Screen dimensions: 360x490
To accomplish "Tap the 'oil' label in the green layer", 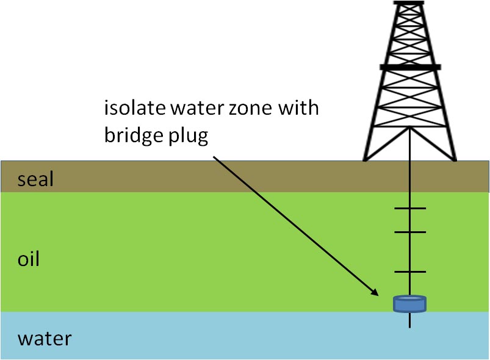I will tap(28, 259).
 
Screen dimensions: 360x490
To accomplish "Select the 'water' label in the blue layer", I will tap(44, 337).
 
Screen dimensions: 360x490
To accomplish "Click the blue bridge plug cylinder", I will tap(409, 303).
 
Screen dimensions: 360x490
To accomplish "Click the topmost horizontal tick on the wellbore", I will tap(409, 209).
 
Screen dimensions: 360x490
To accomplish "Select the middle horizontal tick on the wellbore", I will tap(409, 232).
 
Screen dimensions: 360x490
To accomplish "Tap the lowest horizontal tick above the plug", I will tap(409, 271).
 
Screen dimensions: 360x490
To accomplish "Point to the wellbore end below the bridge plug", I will tap(409, 325).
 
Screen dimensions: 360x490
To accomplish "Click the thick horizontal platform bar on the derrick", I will tap(409, 67).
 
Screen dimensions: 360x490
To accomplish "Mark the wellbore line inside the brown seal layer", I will tap(409, 177).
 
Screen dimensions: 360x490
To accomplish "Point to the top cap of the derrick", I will tap(409, 2).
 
